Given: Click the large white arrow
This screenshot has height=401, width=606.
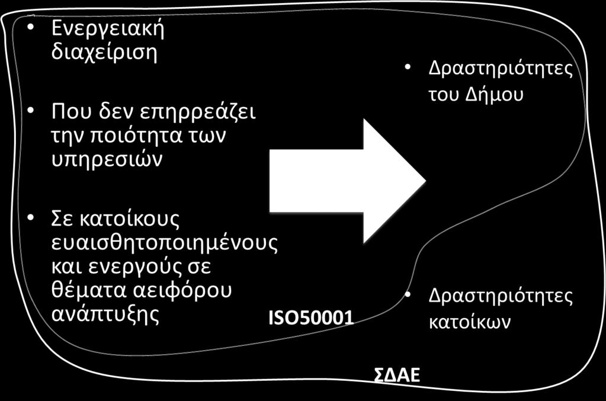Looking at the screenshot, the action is tap(347, 181).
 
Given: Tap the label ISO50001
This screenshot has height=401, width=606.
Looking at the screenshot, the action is tap(311, 317).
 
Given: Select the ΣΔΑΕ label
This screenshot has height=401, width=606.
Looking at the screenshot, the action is tap(397, 375).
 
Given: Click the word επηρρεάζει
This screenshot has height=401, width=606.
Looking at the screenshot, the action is tap(197, 113).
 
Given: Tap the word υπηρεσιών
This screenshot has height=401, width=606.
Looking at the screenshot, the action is tap(107, 159).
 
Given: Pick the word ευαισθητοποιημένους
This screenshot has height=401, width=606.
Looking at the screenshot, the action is tap(165, 243).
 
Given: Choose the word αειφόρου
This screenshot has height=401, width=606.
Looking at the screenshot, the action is tap(182, 290).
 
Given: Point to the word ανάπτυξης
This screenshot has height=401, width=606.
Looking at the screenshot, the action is tap(105, 314).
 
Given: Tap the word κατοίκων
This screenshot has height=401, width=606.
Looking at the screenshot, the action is tap(470, 322).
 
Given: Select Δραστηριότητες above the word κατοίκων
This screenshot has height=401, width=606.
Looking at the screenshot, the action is tap(501, 297).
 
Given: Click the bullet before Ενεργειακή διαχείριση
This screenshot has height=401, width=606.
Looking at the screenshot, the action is tap(31, 27).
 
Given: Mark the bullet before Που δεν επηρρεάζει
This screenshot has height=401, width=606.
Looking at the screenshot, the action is tap(31, 111).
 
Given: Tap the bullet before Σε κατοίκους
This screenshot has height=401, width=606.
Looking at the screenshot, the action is tap(31, 217).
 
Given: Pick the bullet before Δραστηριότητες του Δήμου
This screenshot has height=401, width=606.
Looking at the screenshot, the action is tap(408, 68).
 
